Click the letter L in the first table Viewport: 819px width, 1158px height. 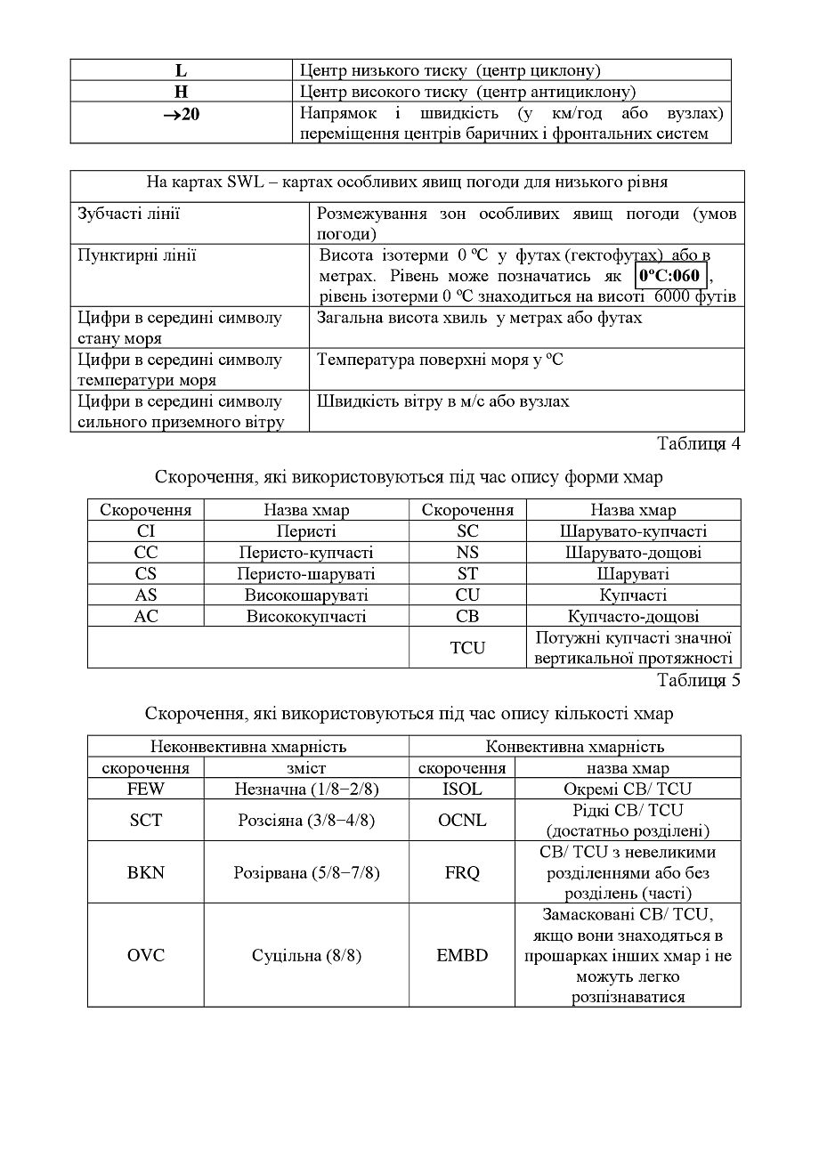[x=182, y=70]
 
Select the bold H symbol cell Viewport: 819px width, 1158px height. [x=182, y=92]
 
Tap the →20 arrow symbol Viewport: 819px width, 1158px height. [x=181, y=114]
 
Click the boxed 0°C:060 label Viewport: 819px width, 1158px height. [x=669, y=275]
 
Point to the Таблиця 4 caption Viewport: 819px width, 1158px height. [x=699, y=443]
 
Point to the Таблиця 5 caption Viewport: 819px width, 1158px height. [x=699, y=681]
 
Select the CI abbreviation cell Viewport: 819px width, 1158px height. [x=146, y=531]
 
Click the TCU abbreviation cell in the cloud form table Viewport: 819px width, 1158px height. [x=467, y=648]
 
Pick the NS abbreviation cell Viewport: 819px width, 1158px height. [x=467, y=553]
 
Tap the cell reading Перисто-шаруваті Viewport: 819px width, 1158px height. [x=306, y=574]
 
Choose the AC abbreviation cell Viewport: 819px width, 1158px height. [x=146, y=616]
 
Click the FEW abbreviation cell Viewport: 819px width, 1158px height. [x=146, y=789]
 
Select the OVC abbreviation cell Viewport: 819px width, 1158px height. [x=146, y=955]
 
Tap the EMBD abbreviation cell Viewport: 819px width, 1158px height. [x=462, y=955]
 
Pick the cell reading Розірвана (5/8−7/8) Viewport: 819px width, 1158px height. [x=306, y=872]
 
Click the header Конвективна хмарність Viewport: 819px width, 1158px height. [x=574, y=747]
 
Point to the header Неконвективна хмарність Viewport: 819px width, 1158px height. [x=248, y=747]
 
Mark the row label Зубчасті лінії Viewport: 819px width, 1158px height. [x=128, y=214]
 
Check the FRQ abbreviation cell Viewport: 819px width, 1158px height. [x=462, y=872]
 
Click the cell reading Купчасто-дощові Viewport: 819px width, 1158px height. [x=633, y=616]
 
